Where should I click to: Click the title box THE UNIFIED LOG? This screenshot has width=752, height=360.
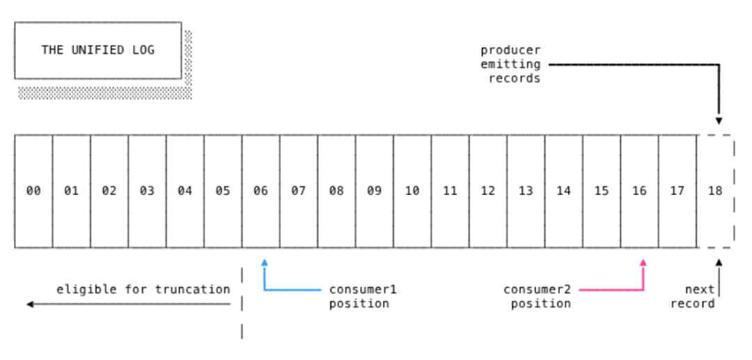[x=97, y=50]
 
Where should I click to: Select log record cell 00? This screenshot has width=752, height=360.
[x=33, y=191]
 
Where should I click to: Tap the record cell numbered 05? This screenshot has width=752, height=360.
[x=223, y=191]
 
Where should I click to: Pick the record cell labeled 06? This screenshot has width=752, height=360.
[x=260, y=191]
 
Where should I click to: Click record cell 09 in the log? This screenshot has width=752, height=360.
[x=374, y=191]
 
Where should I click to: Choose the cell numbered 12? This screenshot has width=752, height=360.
[x=488, y=191]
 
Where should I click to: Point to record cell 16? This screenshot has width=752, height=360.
[x=639, y=191]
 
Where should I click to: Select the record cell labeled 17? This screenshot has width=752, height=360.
[x=677, y=191]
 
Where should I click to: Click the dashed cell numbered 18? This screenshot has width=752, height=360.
[x=715, y=191]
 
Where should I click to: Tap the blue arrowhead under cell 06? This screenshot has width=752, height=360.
[x=264, y=263]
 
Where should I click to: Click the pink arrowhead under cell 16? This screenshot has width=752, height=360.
[x=643, y=263]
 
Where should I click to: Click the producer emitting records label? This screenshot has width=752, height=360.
[x=510, y=65]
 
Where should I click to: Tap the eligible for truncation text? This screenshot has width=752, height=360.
[x=143, y=289]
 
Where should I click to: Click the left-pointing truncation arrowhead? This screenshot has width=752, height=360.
[x=30, y=304]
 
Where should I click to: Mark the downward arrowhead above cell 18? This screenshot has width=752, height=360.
[x=719, y=120]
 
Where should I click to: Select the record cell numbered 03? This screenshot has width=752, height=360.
[x=147, y=191]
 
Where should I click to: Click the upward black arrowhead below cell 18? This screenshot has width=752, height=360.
[x=719, y=263]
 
